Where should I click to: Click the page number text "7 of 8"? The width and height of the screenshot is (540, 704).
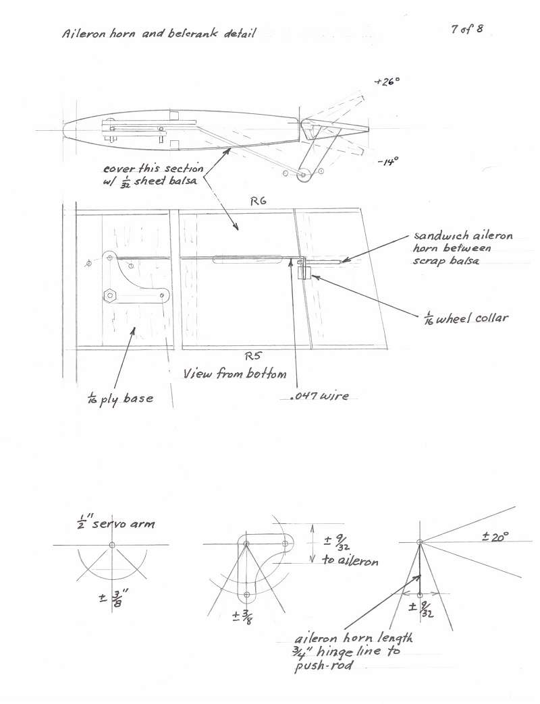pyautogui.click(x=467, y=30)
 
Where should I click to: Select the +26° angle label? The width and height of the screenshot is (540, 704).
pyautogui.click(x=387, y=82)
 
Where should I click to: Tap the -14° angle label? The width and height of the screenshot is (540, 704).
pyautogui.click(x=387, y=162)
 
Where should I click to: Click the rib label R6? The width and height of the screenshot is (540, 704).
pyautogui.click(x=259, y=201)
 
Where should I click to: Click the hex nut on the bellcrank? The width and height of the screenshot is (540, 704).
pyautogui.click(x=110, y=295)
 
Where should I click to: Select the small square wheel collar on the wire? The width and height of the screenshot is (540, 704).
pyautogui.click(x=304, y=272)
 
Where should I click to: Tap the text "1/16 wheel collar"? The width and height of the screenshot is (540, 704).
pyautogui.click(x=466, y=318)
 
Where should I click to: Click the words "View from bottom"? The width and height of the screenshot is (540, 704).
pyautogui.click(x=234, y=374)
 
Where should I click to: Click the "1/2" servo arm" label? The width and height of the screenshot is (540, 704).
pyautogui.click(x=116, y=522)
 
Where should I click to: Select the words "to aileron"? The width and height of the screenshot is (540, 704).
pyautogui.click(x=350, y=560)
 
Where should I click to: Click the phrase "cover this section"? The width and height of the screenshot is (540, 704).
pyautogui.click(x=153, y=169)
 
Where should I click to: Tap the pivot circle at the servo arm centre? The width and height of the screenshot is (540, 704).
pyautogui.click(x=112, y=545)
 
